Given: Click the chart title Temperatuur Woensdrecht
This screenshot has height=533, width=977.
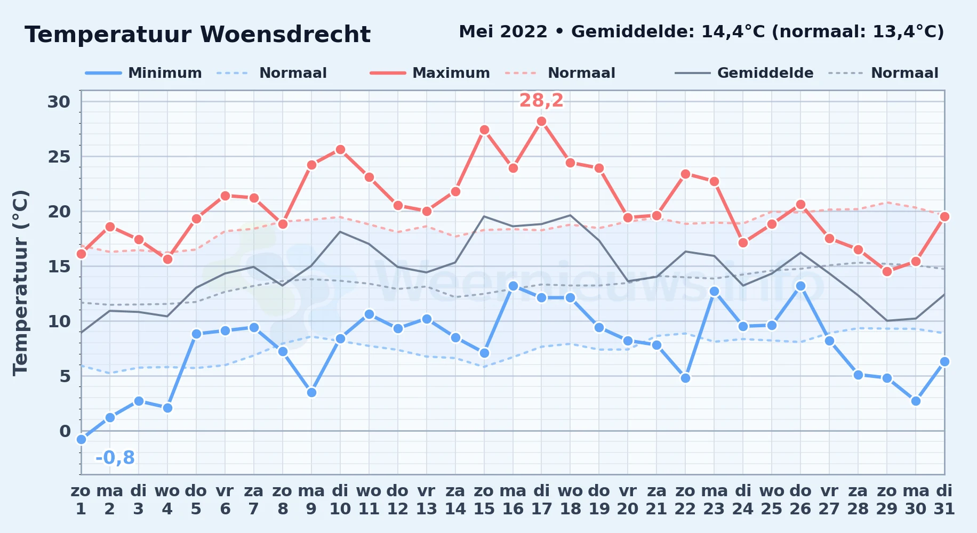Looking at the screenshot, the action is [197, 35].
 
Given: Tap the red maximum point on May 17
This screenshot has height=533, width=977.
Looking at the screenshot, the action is [541, 122].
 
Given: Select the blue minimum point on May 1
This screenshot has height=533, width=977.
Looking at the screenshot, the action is [81, 439].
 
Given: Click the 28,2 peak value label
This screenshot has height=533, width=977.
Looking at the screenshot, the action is [541, 100].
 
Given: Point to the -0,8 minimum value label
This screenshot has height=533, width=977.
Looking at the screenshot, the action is [115, 457].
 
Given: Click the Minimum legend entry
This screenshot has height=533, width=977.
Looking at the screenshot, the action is [143, 73].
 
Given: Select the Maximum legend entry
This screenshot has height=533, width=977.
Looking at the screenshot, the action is [430, 73].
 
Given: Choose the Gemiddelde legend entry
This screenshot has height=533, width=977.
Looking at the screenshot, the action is [744, 73].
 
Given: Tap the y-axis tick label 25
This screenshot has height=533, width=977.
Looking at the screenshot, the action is [59, 157].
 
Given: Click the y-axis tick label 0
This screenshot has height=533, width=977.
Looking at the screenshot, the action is [65, 431].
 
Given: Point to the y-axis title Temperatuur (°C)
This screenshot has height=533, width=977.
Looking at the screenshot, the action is [20, 282].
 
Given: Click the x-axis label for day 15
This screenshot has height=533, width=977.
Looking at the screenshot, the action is [484, 499].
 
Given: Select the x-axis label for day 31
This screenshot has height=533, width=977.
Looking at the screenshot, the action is [944, 499].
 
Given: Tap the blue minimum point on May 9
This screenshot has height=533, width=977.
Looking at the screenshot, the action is [311, 392].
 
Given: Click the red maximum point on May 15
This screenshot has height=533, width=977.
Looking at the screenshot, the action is [484, 130].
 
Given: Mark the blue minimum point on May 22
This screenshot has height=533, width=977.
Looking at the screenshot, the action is [685, 378].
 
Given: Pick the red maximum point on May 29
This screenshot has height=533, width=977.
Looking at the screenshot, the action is [887, 271].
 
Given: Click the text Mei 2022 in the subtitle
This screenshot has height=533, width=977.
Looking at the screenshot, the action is [503, 31].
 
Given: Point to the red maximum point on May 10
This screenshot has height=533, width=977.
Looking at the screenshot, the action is [340, 150].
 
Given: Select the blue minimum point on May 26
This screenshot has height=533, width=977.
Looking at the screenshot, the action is [800, 286].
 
